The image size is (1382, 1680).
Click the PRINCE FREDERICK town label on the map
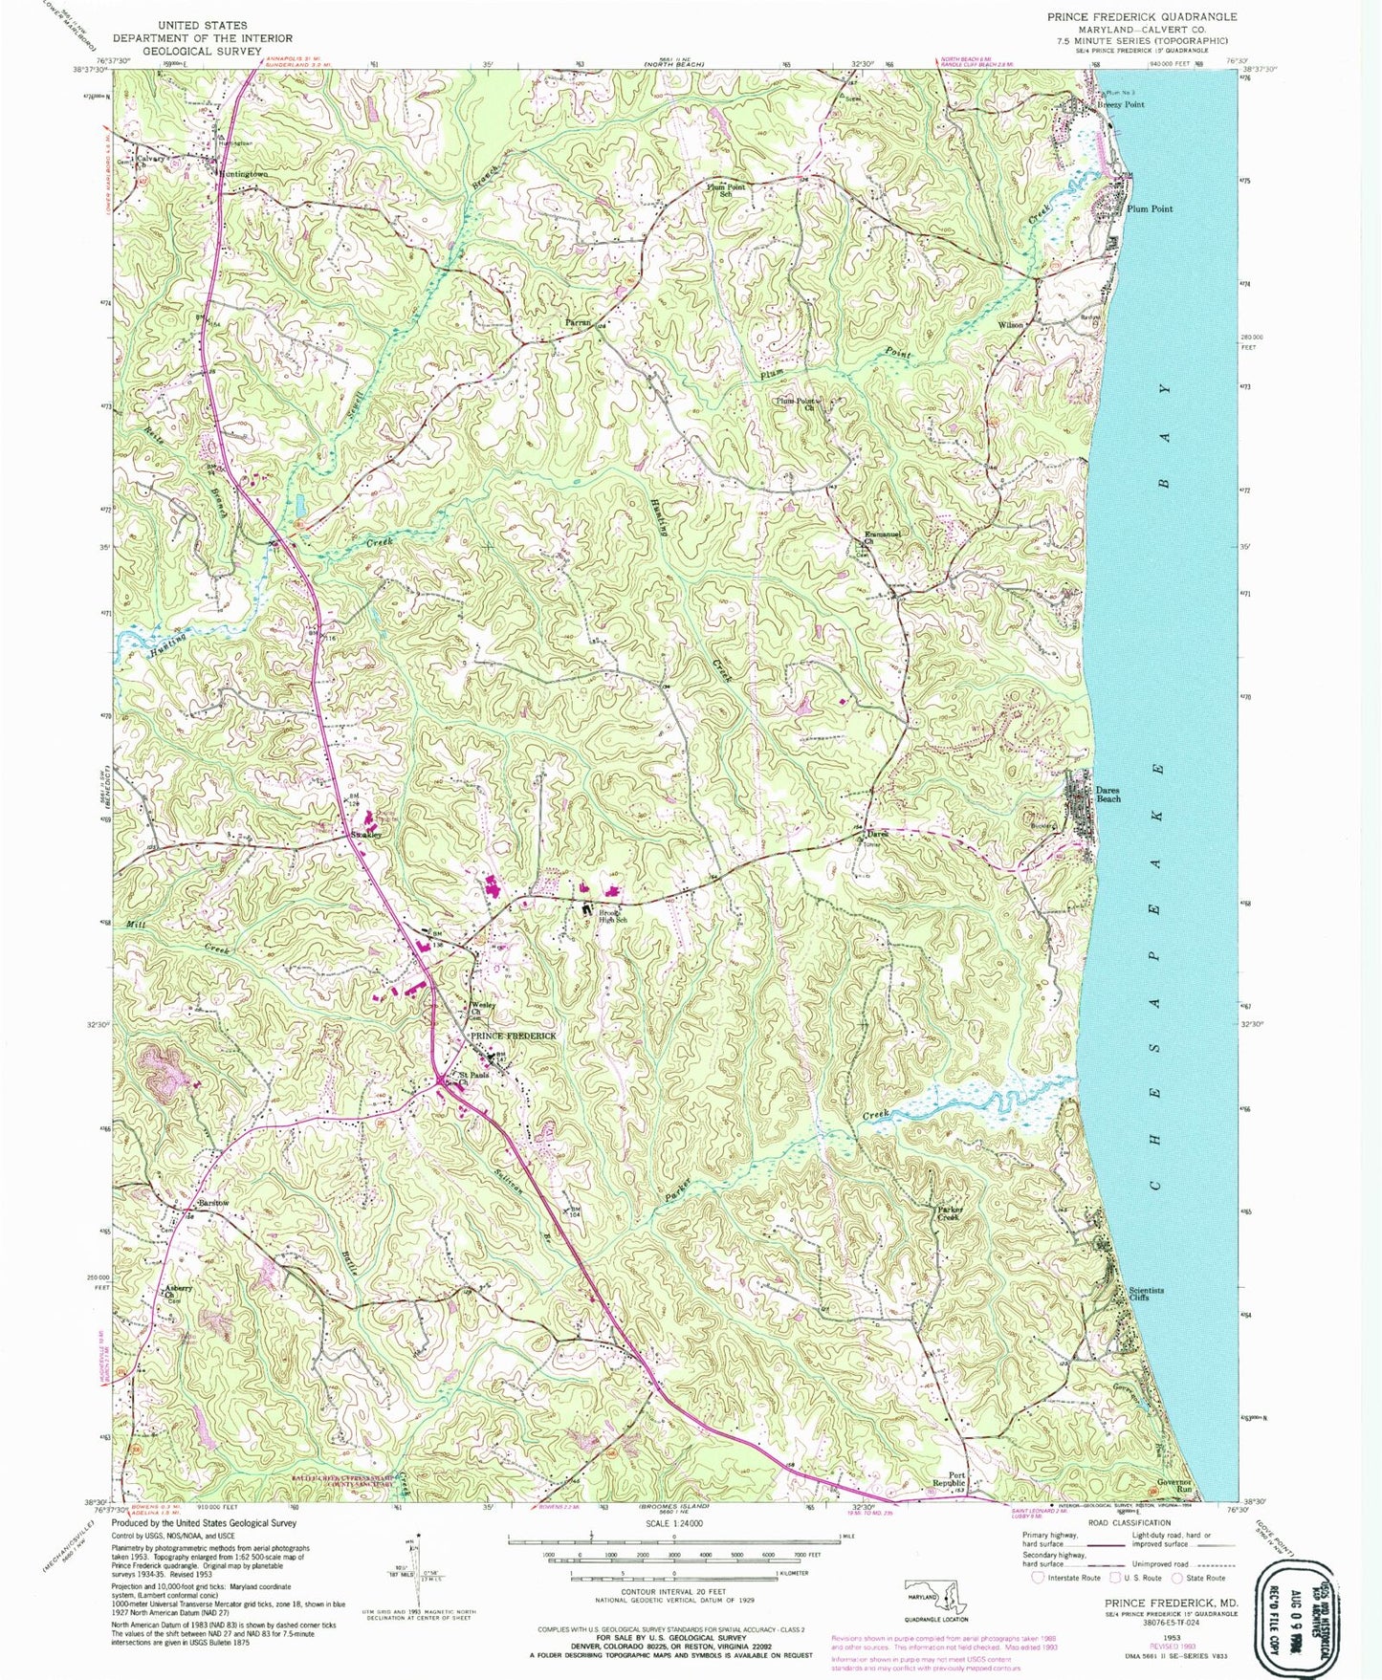pyautogui.click(x=511, y=1036)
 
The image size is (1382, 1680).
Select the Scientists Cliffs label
pyautogui.click(x=1146, y=1294)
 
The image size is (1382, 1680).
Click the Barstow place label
pyautogui.click(x=214, y=1202)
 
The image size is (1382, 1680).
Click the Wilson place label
pyautogui.click(x=1011, y=325)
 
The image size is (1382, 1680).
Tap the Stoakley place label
pyautogui.click(x=365, y=835)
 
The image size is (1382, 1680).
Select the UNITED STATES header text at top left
pyautogui.click(x=202, y=25)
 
